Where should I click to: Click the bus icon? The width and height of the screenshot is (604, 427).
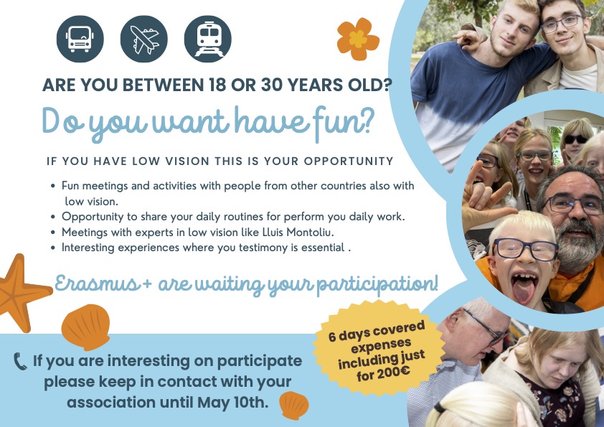[x=80, y=39]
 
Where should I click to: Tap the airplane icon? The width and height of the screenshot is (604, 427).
[x=144, y=39]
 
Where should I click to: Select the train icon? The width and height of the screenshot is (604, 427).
[x=208, y=39]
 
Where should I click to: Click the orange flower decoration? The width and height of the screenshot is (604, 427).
[x=358, y=39]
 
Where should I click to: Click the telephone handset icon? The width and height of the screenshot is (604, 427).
[x=20, y=362]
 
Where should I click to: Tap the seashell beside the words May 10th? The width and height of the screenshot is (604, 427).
[x=294, y=405]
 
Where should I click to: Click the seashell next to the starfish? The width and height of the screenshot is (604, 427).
[x=86, y=327]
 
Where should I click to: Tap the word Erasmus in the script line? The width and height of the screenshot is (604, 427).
[x=97, y=284]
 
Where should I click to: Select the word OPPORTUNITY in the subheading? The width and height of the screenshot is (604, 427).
[x=349, y=161]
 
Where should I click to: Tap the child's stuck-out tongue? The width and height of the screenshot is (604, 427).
[x=523, y=291]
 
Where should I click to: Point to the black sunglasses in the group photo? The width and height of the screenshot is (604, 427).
[x=576, y=139]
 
